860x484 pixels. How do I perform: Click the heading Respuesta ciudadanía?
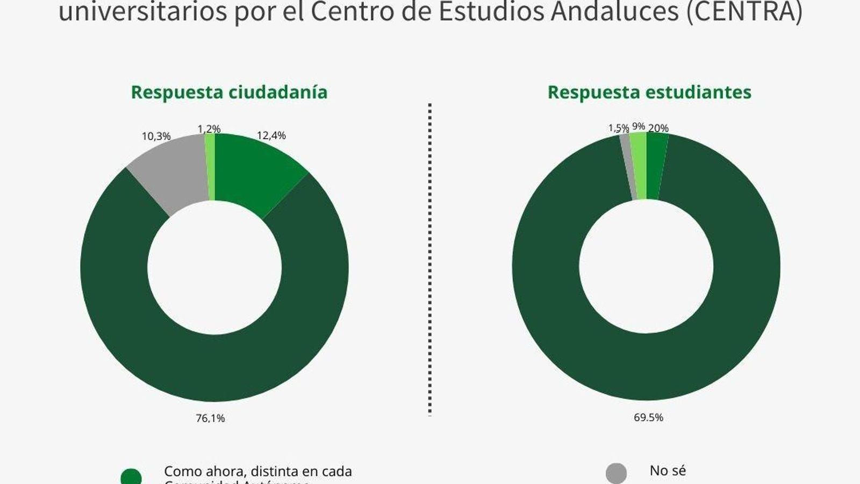click(x=229, y=92)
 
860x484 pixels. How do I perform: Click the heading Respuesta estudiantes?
click(x=649, y=92)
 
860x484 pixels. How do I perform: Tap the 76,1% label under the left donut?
click(x=210, y=418)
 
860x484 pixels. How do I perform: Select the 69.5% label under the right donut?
click(x=648, y=417)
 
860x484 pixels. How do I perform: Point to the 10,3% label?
click(x=156, y=137)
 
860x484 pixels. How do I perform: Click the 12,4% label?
click(x=271, y=136)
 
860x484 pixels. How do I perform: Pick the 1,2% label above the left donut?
click(x=209, y=129)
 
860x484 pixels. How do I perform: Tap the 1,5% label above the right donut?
click(x=618, y=128)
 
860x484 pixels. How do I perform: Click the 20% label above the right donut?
click(x=658, y=128)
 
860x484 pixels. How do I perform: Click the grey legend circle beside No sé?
click(x=616, y=473)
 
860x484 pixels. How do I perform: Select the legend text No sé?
click(x=668, y=471)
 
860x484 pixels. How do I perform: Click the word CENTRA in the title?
click(x=744, y=12)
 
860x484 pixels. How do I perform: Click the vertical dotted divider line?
click(x=430, y=258)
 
